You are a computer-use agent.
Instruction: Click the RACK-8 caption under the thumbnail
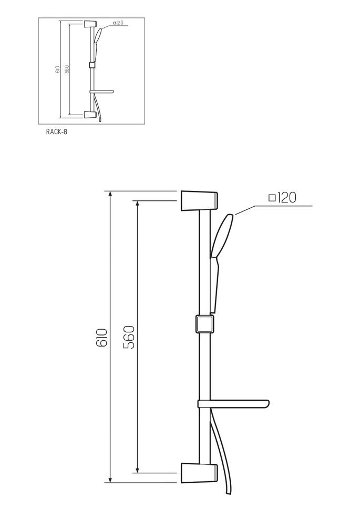coord(57,132)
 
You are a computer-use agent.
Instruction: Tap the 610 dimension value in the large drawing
coord(101,338)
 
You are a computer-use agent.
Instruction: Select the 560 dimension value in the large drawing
coord(129,337)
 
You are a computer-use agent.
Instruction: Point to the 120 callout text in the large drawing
coord(287,198)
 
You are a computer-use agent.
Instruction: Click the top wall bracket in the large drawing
coord(199,201)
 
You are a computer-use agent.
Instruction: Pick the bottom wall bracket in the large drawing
coord(199,473)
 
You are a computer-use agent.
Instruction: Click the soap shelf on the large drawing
coord(233,404)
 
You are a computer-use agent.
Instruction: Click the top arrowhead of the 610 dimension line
coord(110,194)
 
